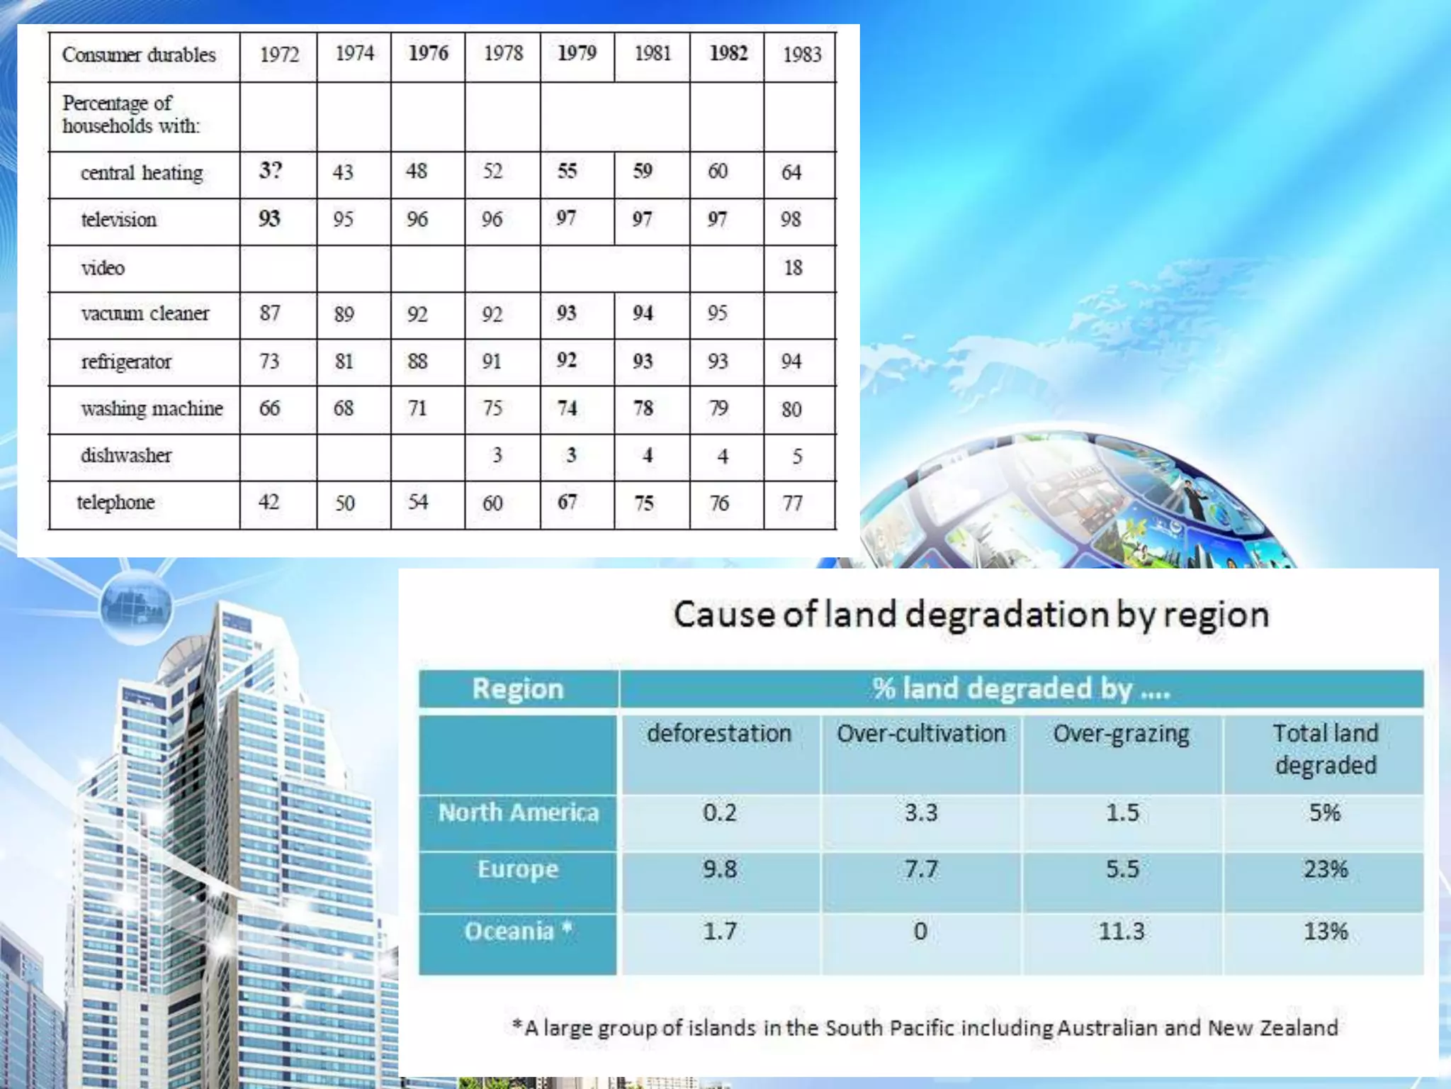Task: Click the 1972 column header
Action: (279, 55)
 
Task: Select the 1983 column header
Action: (801, 55)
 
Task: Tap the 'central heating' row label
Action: (142, 173)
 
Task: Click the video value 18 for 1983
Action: (793, 268)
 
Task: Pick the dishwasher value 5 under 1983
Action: (797, 456)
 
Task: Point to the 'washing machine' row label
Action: (152, 409)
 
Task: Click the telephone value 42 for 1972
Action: (269, 502)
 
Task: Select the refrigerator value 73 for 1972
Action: (269, 362)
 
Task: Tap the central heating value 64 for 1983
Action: (791, 172)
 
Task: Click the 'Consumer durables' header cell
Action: (139, 55)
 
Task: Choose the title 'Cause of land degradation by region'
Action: (971, 615)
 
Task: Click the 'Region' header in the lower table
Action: (518, 688)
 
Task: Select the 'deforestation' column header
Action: (719, 733)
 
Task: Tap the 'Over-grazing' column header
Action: (1122, 734)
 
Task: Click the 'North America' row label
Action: (519, 812)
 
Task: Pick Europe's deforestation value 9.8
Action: (720, 869)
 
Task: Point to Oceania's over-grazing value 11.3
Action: (1122, 931)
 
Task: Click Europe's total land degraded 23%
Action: (1326, 869)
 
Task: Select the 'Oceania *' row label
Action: (518, 931)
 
